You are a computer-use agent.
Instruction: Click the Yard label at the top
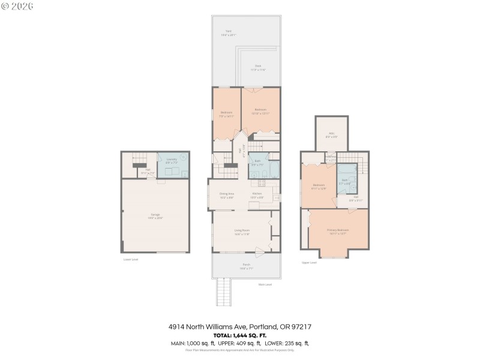(228, 31)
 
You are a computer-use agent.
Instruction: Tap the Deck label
(257, 66)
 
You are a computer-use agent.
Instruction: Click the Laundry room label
(172, 160)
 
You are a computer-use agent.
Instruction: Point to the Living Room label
(242, 231)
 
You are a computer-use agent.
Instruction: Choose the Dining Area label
(226, 194)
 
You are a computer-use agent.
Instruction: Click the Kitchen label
(257, 194)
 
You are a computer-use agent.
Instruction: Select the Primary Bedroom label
(338, 230)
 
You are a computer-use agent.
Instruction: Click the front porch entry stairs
(224, 293)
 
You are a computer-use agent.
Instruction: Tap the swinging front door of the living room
(260, 252)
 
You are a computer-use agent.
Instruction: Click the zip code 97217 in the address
(301, 326)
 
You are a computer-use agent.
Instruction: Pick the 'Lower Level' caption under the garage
(131, 259)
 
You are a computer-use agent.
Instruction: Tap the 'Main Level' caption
(265, 284)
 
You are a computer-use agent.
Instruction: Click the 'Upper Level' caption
(309, 262)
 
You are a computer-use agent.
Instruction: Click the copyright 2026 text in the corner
(18, 6)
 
